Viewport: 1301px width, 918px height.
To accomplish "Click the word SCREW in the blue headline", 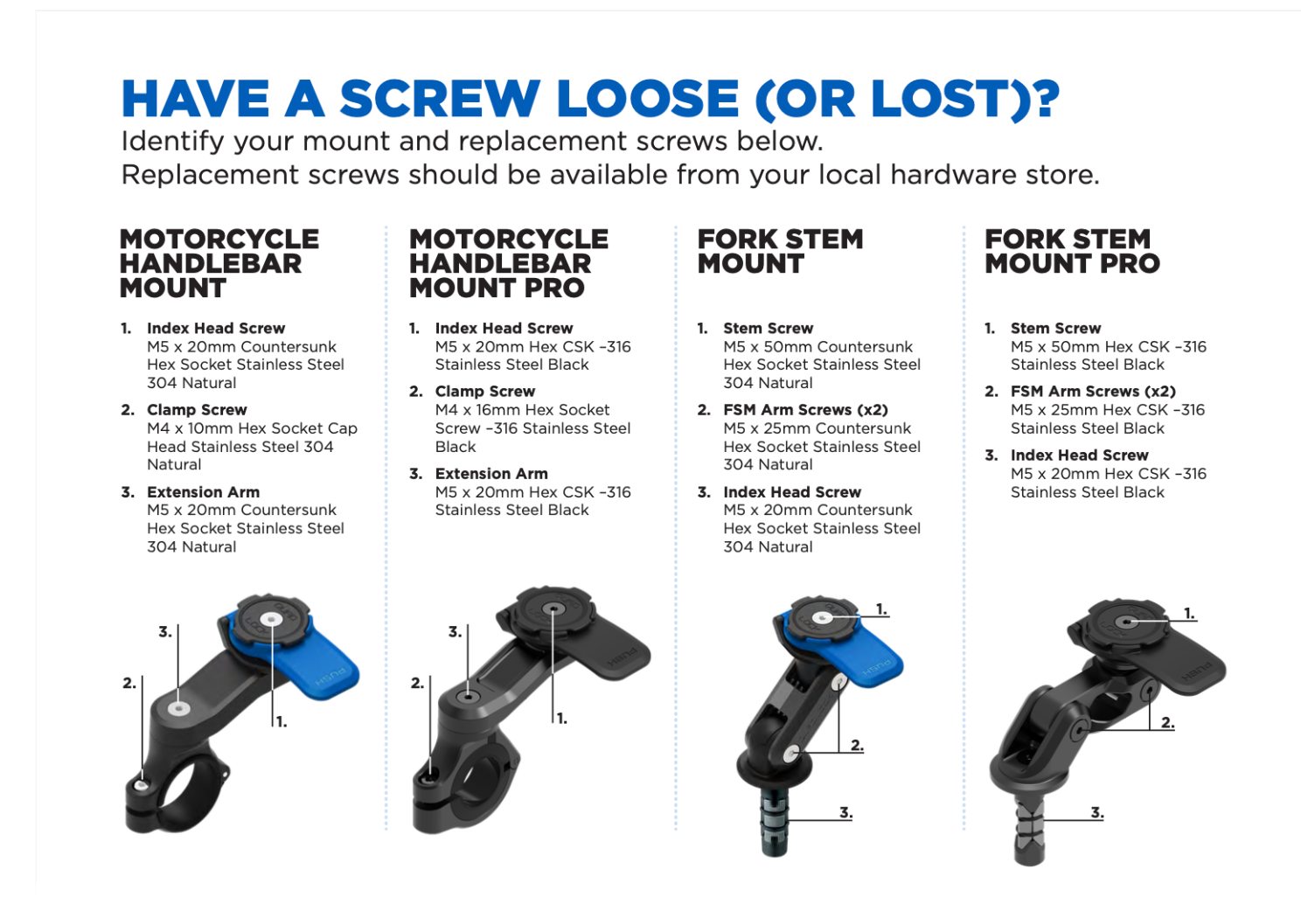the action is coord(440,99).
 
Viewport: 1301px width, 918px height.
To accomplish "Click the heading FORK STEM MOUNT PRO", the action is coord(1072,252).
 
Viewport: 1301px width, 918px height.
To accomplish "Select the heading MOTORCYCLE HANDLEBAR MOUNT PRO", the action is coord(508,264).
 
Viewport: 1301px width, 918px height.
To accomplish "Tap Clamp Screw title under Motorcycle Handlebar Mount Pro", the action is coord(485,392).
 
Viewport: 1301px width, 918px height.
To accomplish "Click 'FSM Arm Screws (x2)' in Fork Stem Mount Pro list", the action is coord(1093,392).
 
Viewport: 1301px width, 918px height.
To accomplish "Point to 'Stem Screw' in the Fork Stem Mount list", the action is coord(768,328).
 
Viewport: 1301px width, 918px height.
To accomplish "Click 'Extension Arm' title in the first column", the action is coord(203,492).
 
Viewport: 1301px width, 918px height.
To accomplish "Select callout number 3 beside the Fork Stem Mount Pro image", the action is coord(1096,811).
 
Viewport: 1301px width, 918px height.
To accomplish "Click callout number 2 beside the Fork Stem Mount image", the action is coord(857,745).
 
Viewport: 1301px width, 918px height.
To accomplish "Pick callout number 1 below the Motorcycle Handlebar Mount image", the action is coord(282,722).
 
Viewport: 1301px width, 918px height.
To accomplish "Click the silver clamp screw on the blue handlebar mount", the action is coord(141,786).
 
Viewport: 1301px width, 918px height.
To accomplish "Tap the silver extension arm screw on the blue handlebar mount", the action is coord(179,708).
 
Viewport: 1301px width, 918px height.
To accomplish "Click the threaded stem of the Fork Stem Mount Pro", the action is coord(1029,831).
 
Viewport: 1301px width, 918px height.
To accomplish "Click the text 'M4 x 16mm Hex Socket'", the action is coord(522,410).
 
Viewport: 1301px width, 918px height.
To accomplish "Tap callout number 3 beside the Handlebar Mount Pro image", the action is coord(455,632).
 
